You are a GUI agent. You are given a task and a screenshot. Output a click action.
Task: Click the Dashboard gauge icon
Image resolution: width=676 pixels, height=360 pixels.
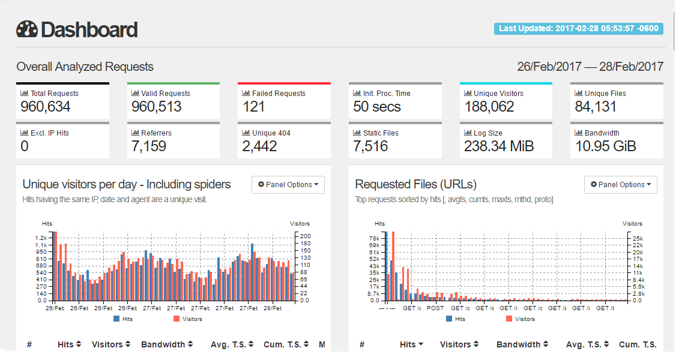[27, 29]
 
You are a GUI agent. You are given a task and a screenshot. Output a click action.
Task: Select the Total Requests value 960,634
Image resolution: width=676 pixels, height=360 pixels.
[46, 107]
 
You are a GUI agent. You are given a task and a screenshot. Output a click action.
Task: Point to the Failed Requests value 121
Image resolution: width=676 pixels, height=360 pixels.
[255, 107]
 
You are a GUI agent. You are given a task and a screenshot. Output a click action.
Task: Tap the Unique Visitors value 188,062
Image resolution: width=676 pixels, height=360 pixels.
[489, 107]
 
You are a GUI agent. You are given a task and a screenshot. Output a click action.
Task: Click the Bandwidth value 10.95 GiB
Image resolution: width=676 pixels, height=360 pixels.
[605, 146]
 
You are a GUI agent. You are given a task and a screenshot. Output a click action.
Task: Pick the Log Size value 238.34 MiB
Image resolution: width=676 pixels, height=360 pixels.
[498, 146]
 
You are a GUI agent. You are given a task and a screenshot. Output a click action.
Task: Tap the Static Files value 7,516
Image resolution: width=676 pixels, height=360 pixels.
[370, 146]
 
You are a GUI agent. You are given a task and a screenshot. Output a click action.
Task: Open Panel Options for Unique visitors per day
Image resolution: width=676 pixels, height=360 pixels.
[288, 185]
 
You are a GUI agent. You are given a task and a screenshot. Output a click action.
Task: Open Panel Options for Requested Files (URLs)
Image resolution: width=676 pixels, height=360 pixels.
[621, 185]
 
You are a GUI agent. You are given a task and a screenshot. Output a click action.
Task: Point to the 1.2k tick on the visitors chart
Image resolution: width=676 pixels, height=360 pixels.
[41, 238]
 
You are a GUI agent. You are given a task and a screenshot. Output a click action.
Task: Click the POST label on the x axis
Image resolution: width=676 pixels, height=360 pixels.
[435, 308]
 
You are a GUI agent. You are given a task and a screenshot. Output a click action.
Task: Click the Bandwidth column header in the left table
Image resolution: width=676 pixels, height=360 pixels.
[167, 344]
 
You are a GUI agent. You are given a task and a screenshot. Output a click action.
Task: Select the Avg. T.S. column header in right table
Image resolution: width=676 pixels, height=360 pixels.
[587, 344]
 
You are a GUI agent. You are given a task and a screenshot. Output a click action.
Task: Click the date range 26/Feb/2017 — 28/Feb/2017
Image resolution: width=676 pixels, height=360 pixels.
[590, 67]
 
